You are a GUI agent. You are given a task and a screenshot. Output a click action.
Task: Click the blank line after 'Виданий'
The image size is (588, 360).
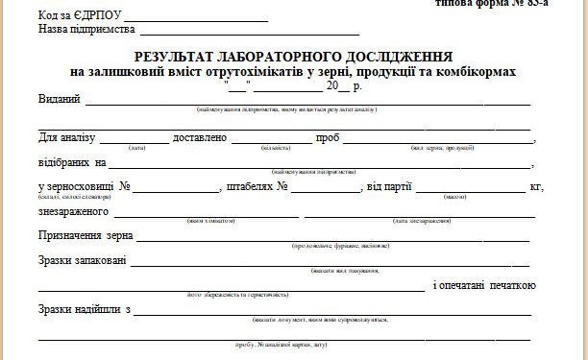click(307, 103)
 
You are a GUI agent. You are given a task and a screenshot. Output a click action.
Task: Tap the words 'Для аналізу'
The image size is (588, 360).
click(68, 138)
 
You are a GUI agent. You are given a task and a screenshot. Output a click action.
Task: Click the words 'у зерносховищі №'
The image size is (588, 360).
click(85, 187)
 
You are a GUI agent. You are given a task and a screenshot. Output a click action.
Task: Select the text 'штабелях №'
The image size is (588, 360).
click(257, 187)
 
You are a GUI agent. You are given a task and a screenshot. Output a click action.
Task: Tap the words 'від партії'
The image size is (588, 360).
click(389, 187)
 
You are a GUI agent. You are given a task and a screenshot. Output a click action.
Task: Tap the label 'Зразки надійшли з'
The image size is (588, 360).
click(85, 310)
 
